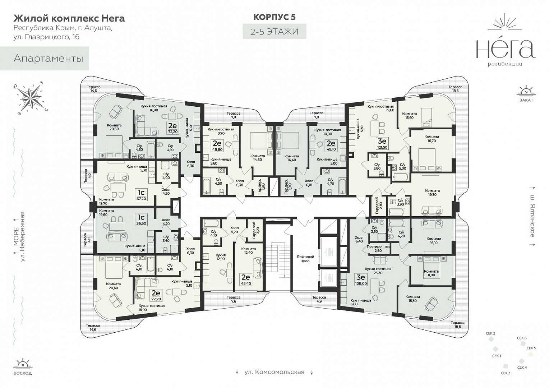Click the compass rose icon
point(31,98)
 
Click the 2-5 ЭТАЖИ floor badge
point(274,31)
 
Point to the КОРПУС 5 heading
point(274,17)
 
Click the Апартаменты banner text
point(48,59)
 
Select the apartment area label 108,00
point(360,283)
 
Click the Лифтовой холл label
point(305,259)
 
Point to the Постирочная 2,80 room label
point(378,249)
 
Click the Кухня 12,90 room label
point(221,257)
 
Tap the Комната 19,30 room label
point(432,193)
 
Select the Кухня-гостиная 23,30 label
point(378,271)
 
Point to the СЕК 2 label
point(490,333)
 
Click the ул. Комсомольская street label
point(274,372)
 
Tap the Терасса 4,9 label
point(319,299)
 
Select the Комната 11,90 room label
point(431,273)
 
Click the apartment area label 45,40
point(246,283)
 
